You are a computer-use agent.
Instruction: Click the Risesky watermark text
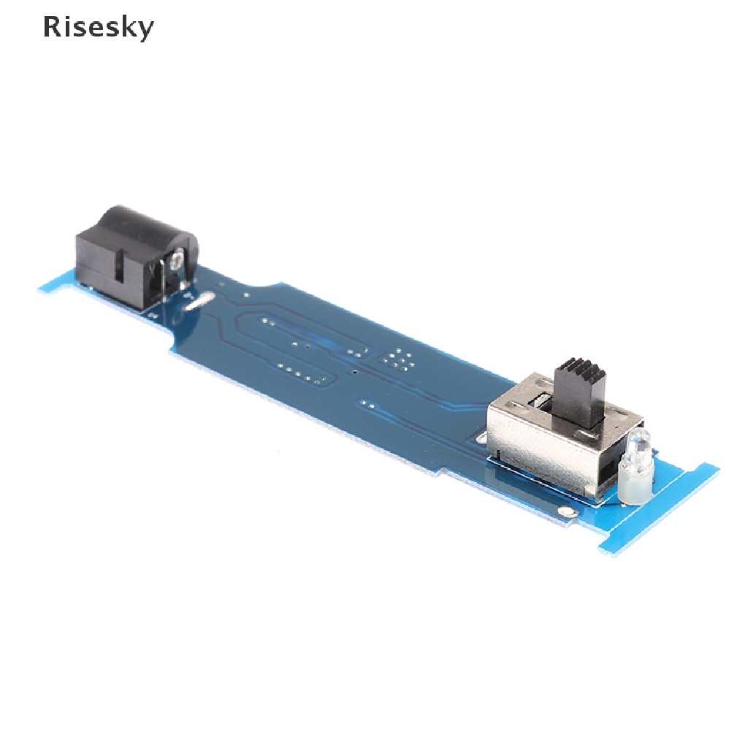pos(99,27)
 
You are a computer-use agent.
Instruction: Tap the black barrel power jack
pos(137,258)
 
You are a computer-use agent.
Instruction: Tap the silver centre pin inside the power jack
pos(176,261)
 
